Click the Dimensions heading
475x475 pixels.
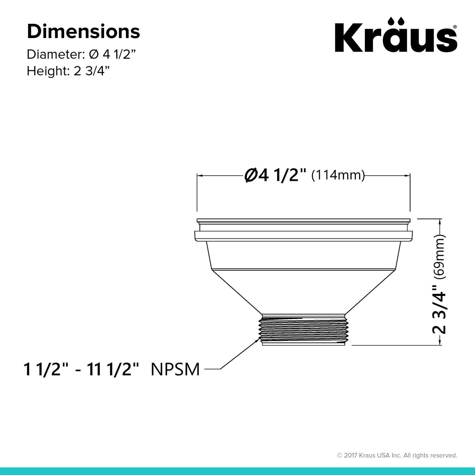pyautogui.click(x=83, y=32)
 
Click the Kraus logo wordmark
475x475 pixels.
pyautogui.click(x=396, y=39)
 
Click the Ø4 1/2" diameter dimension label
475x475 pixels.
pyautogui.click(x=275, y=175)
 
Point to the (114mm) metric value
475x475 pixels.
pyautogui.click(x=338, y=175)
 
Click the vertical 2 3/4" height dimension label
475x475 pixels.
pyautogui.click(x=440, y=309)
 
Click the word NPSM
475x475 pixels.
pyautogui.click(x=175, y=369)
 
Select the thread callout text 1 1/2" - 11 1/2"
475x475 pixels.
pyautogui.click(x=81, y=369)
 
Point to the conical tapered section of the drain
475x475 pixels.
pyautogui.click(x=304, y=291)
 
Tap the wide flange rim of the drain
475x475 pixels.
pyautogui.click(x=304, y=236)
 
